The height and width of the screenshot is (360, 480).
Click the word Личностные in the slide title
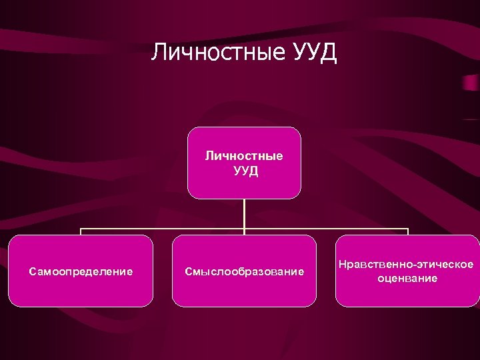tap(217, 52)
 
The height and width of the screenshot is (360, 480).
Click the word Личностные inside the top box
tap(244, 156)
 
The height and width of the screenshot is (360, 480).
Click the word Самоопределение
tap(81, 271)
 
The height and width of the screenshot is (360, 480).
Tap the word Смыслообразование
tap(244, 271)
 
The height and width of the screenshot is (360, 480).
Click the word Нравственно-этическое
tap(406, 265)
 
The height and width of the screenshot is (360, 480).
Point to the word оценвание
tap(406, 278)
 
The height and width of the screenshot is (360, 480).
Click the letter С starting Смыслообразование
tap(189, 271)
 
